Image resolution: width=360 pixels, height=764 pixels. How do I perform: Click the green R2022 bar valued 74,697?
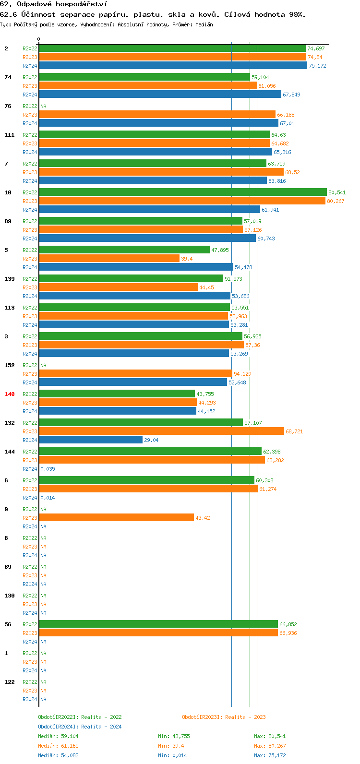coord(172,48)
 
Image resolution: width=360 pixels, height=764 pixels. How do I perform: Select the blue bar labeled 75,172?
coord(173,66)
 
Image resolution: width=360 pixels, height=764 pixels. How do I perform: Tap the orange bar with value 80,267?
coord(182,201)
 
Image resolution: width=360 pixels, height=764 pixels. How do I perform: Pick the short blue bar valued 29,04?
coord(91,440)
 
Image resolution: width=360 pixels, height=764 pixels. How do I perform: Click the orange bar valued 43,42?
coord(116,518)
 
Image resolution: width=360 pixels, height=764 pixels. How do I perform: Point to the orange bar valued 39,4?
coord(109,259)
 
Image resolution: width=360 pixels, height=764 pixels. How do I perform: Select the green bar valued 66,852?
coord(158,624)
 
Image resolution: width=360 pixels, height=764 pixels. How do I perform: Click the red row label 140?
coord(10,394)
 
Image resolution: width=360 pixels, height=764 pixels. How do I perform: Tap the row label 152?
coord(10,365)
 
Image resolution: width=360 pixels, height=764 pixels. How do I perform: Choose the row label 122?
coord(10,682)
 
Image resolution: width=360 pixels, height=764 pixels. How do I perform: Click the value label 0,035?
coord(48,469)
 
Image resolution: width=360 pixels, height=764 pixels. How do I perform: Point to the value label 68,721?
coord(294,431)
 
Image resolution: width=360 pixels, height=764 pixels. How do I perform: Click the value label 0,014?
coord(48,498)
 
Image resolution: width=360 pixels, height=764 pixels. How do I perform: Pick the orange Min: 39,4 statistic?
coord(171,746)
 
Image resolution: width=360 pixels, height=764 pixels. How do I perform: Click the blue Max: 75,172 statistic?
coord(270,755)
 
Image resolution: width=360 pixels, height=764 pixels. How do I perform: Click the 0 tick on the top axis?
coord(39,39)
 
